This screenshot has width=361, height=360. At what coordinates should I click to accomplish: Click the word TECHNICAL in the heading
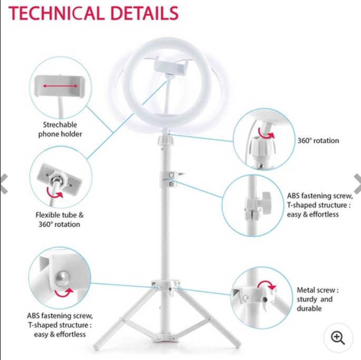[56, 13]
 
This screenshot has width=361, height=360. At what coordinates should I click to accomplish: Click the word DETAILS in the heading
[144, 13]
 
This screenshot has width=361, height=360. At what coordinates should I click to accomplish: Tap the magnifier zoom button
[338, 338]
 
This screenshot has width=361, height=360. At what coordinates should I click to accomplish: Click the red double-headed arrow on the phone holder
[60, 86]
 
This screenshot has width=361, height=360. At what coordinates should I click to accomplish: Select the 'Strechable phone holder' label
[60, 129]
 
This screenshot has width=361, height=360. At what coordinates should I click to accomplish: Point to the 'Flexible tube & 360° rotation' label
[60, 219]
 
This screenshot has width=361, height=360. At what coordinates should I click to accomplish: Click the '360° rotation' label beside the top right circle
[318, 141]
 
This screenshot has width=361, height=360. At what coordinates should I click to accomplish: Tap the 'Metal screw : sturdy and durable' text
[317, 299]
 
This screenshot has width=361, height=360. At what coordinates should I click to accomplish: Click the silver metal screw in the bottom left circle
[62, 278]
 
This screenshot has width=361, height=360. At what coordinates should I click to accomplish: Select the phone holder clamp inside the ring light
[171, 66]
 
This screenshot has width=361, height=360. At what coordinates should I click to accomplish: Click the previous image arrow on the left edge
[4, 184]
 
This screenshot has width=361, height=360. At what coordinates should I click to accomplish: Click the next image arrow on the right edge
[357, 184]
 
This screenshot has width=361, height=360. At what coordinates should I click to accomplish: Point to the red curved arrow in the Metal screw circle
[266, 285]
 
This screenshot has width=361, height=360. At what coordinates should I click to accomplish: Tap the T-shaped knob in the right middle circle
[266, 203]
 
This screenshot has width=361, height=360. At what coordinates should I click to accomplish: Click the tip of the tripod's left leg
[96, 347]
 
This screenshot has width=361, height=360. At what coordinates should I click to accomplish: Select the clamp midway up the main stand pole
[170, 179]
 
